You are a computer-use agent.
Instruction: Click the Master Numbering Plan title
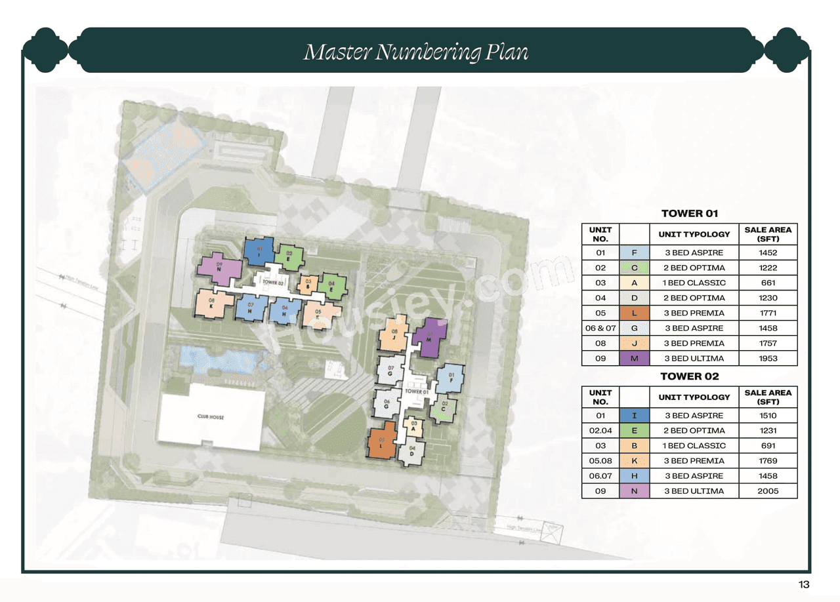(415, 52)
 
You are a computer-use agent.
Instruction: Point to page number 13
(804, 585)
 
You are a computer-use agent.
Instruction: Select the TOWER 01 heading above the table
(689, 213)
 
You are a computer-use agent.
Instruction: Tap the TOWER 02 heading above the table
(689, 376)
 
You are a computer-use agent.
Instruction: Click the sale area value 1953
(768, 359)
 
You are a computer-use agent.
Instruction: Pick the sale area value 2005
(768, 491)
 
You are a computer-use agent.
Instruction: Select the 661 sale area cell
(768, 283)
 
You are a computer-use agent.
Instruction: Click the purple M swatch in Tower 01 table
(634, 359)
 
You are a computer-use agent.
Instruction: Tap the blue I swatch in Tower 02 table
(634, 416)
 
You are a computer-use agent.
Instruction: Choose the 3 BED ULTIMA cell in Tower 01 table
(694, 359)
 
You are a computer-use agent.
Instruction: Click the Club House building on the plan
(210, 417)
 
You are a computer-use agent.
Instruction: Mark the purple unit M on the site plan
(430, 338)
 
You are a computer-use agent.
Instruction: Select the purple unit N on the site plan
(219, 268)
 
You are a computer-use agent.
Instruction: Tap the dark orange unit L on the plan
(381, 441)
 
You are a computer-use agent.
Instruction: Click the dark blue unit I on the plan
(259, 251)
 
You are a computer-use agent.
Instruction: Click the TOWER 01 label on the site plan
(417, 391)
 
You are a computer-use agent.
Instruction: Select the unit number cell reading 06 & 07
(600, 329)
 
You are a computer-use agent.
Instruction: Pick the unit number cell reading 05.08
(600, 461)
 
